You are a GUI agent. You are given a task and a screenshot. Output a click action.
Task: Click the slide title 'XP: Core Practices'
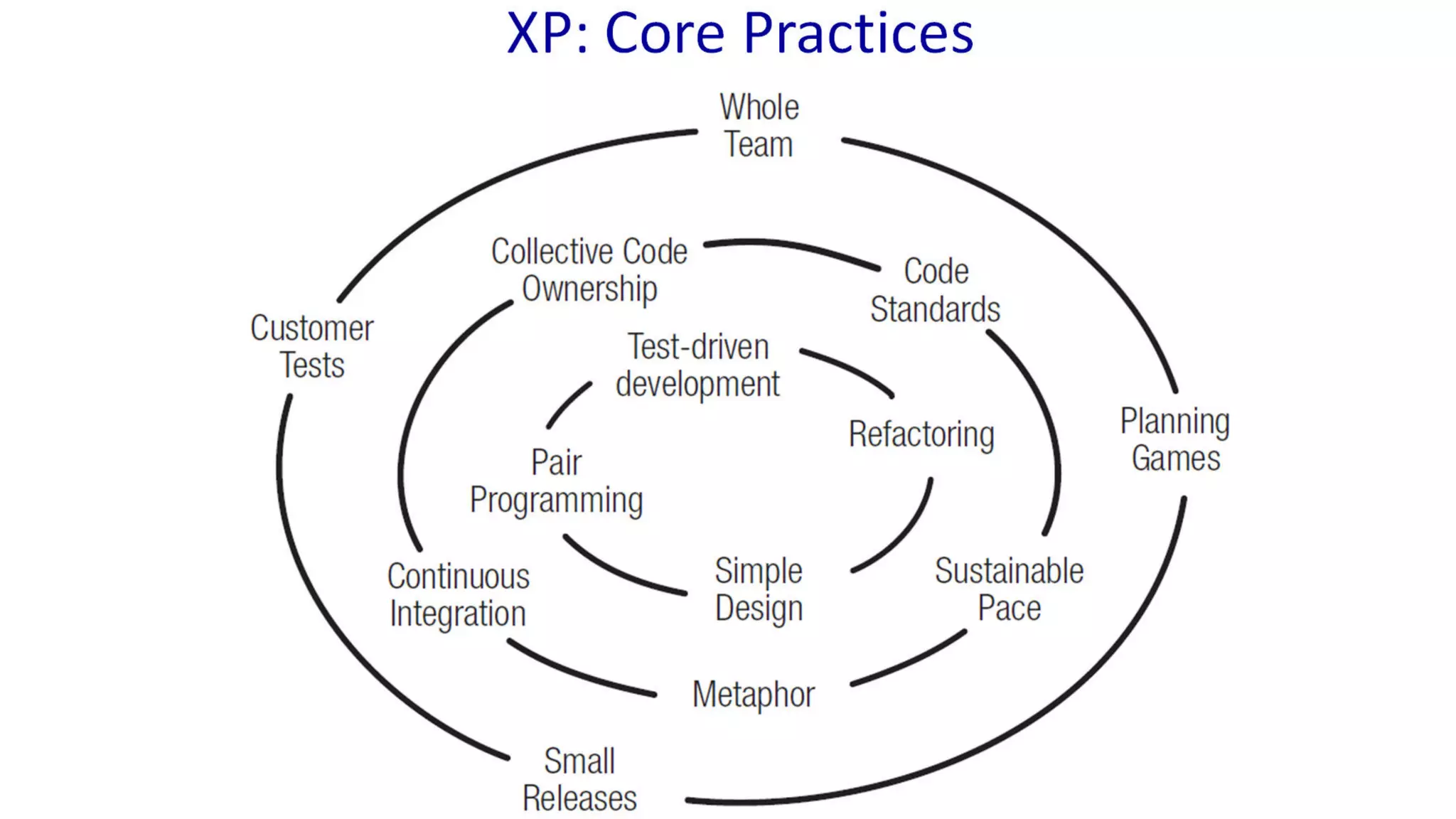coord(739,33)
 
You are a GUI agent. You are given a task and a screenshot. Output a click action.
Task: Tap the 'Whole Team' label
coord(759,126)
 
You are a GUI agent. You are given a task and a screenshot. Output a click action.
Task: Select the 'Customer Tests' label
coord(311,347)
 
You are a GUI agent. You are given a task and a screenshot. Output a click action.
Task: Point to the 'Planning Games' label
coord(1174,439)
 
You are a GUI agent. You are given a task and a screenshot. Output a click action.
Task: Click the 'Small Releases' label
coord(579,779)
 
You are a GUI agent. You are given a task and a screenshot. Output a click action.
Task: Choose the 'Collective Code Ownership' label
coord(589,270)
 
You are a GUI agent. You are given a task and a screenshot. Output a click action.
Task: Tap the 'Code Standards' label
coord(935,290)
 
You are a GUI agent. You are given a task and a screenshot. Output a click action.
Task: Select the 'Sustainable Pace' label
coord(1009,589)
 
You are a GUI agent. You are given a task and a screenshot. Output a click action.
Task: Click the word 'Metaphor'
coord(754,695)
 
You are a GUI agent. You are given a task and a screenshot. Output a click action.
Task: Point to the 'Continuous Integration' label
coord(458,595)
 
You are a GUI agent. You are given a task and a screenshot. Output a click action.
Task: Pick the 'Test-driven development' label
coord(697,365)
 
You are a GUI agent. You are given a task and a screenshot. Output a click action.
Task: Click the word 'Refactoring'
coord(921,434)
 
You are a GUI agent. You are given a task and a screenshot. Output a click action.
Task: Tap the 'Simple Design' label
coord(759,589)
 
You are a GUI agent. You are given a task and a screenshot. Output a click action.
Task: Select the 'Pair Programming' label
coord(556,481)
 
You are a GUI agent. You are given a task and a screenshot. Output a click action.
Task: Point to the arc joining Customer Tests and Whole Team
coord(483,185)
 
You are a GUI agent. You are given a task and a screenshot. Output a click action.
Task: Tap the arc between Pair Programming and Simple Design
coord(619,572)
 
